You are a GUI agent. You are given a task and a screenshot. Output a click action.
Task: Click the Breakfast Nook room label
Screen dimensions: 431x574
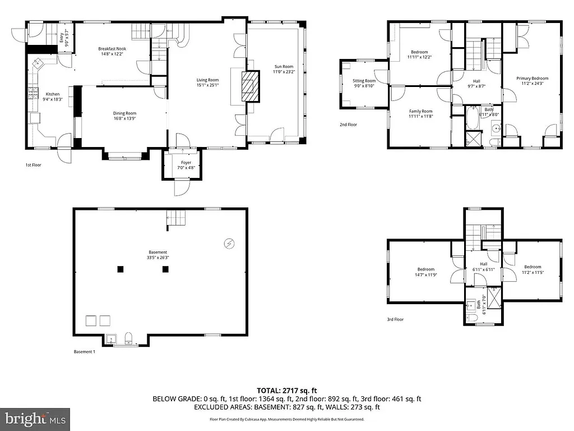(113, 49)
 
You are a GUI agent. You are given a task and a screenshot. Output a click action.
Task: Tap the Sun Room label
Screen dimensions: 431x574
(283, 66)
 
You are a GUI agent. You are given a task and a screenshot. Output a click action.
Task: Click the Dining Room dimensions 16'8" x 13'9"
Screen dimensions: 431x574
(124, 118)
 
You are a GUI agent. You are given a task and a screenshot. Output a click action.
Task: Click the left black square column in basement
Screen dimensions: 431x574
(120, 269)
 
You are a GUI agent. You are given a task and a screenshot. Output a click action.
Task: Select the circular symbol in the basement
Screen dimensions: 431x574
(228, 243)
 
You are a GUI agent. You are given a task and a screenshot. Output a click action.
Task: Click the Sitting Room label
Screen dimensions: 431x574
(364, 81)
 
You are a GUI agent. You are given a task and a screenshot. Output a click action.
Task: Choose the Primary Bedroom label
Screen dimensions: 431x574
(532, 79)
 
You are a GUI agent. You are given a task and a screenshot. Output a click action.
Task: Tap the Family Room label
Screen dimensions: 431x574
(420, 111)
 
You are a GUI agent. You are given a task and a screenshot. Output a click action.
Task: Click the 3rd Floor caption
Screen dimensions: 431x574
(395, 319)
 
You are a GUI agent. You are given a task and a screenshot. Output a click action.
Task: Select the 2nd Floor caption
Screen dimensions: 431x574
(348, 125)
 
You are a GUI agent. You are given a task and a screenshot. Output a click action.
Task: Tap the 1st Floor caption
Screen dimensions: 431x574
(33, 165)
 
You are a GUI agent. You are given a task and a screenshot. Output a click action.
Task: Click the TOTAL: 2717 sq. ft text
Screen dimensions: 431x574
(286, 390)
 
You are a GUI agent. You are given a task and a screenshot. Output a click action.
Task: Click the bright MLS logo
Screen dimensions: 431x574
(35, 418)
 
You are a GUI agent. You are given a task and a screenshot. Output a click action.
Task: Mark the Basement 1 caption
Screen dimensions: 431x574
(85, 352)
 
